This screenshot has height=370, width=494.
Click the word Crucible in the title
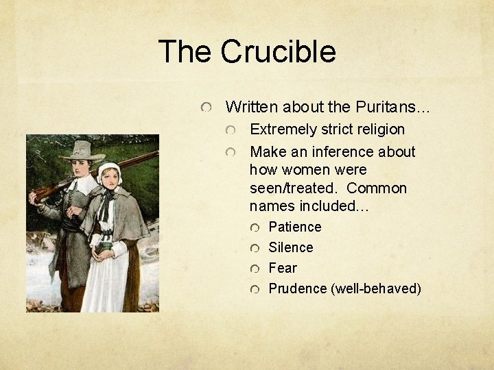279,52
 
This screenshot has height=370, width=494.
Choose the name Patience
294,227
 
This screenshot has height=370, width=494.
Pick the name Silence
290,247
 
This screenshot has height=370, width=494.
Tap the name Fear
282,268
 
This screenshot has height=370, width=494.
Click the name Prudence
298,288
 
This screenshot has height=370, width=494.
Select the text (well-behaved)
376,288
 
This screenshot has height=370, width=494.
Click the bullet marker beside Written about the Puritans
205,108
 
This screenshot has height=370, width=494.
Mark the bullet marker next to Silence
255,248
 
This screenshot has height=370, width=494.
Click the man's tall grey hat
82,150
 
